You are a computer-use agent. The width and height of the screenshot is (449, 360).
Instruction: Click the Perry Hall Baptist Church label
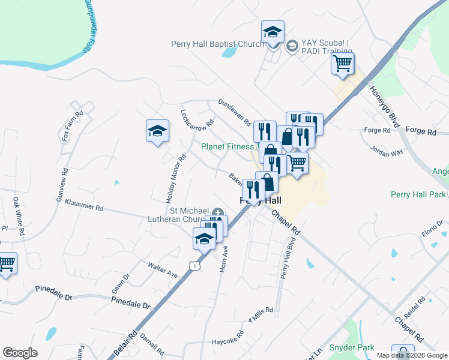point(217,44)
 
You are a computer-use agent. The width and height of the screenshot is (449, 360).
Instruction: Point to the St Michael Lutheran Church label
point(188,215)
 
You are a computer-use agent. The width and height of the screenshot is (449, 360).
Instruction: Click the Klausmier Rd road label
point(84,205)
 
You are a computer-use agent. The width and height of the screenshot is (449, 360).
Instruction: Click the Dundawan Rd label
point(234,112)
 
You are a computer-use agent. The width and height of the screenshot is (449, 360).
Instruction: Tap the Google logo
point(20,353)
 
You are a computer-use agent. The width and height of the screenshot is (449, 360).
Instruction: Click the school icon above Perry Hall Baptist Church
point(273,32)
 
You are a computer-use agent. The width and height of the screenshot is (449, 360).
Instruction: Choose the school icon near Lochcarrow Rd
point(157,131)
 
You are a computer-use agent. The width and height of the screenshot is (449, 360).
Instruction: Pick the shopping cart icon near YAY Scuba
point(342,63)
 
